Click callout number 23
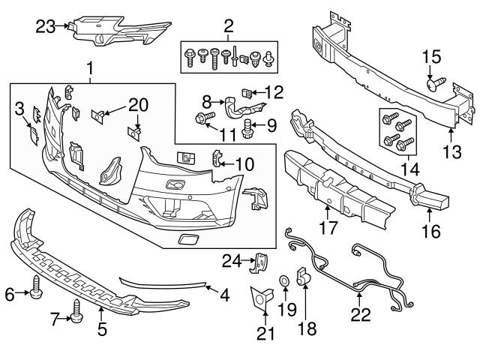[x=46, y=28]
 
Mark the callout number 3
[x=20, y=112]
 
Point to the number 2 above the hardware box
[x=227, y=28]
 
